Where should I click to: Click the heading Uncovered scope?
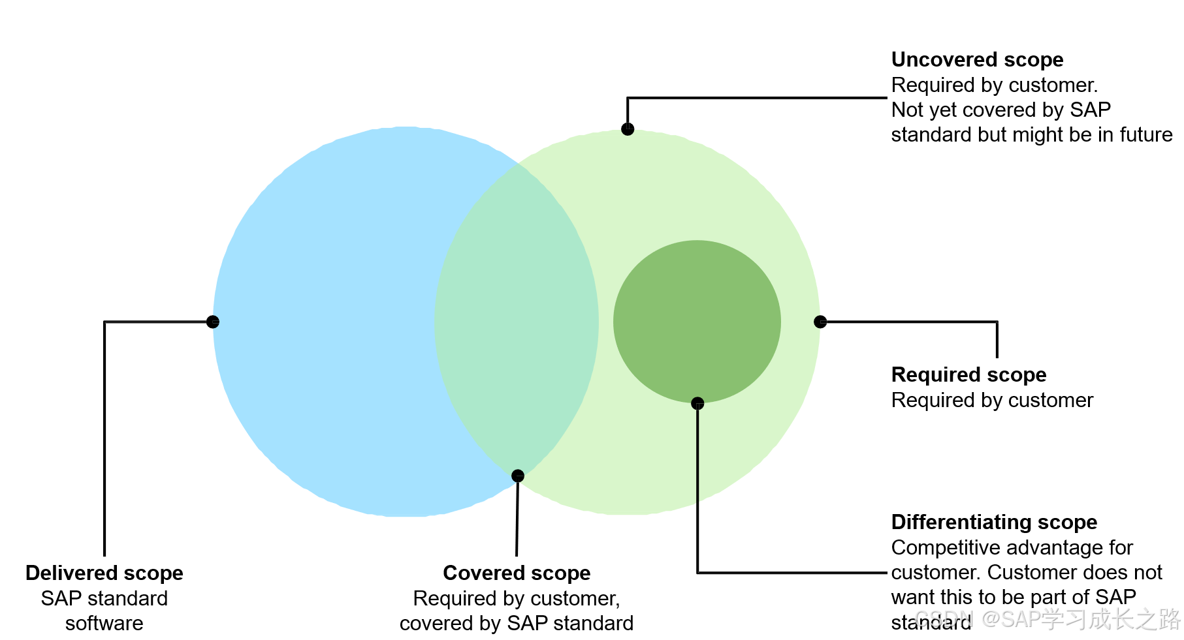[x=977, y=60]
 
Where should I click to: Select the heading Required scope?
[x=968, y=375]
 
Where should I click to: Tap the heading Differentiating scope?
[x=994, y=523]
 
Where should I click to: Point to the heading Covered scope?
[x=517, y=573]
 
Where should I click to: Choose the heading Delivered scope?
[x=104, y=573]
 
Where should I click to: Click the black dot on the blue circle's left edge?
[x=213, y=322]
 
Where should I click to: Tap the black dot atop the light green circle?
[x=628, y=129]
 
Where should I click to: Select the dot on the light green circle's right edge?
[x=820, y=322]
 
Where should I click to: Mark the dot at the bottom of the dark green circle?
[x=697, y=403]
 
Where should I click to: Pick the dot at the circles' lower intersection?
[x=518, y=476]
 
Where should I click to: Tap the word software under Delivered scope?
[x=104, y=624]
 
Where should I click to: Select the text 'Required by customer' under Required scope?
[x=992, y=401]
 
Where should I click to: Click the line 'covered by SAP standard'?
[x=517, y=624]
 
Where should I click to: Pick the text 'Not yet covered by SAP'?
[x=1001, y=110]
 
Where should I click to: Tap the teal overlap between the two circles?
[x=516, y=320]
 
